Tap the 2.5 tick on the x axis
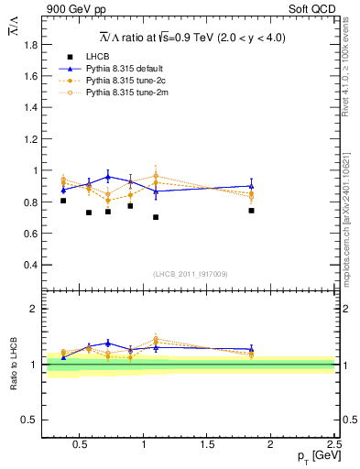tap(333, 446)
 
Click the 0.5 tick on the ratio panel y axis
tap(28, 420)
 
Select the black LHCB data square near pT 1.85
tap(251, 211)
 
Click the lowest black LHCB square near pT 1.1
tap(156, 217)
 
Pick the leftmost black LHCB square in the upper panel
tap(63, 201)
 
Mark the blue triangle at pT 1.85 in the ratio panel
tap(251, 349)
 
